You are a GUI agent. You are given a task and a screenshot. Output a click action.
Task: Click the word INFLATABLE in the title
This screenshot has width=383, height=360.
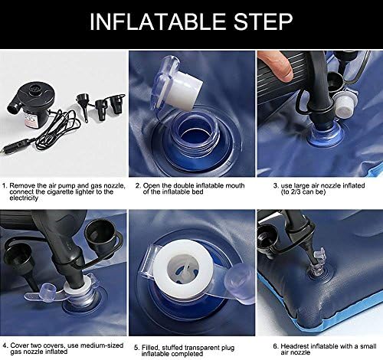pyautogui.click(x=158, y=21)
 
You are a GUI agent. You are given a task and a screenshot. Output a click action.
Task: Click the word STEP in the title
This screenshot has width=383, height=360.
pyautogui.click(x=263, y=21)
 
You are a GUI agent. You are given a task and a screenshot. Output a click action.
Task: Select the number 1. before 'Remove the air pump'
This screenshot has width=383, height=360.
pyautogui.click(x=5, y=185)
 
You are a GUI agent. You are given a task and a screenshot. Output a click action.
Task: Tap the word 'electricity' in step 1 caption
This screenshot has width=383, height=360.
pyautogui.click(x=24, y=198)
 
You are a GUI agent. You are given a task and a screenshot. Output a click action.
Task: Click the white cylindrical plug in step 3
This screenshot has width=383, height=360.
pyautogui.click(x=345, y=103)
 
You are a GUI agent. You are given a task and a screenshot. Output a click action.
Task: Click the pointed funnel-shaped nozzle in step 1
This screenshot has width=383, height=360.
pyautogui.click(x=83, y=106)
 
